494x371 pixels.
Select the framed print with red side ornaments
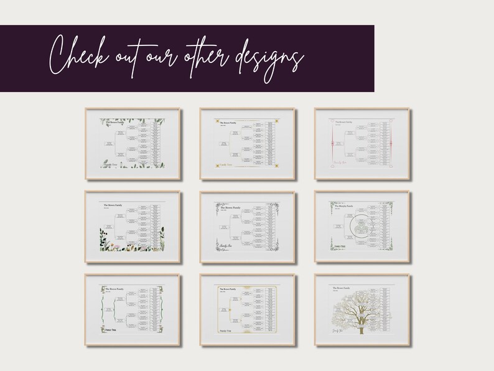click(363, 144)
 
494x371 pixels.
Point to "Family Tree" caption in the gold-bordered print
click(226, 331)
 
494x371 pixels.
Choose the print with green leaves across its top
click(133, 144)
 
